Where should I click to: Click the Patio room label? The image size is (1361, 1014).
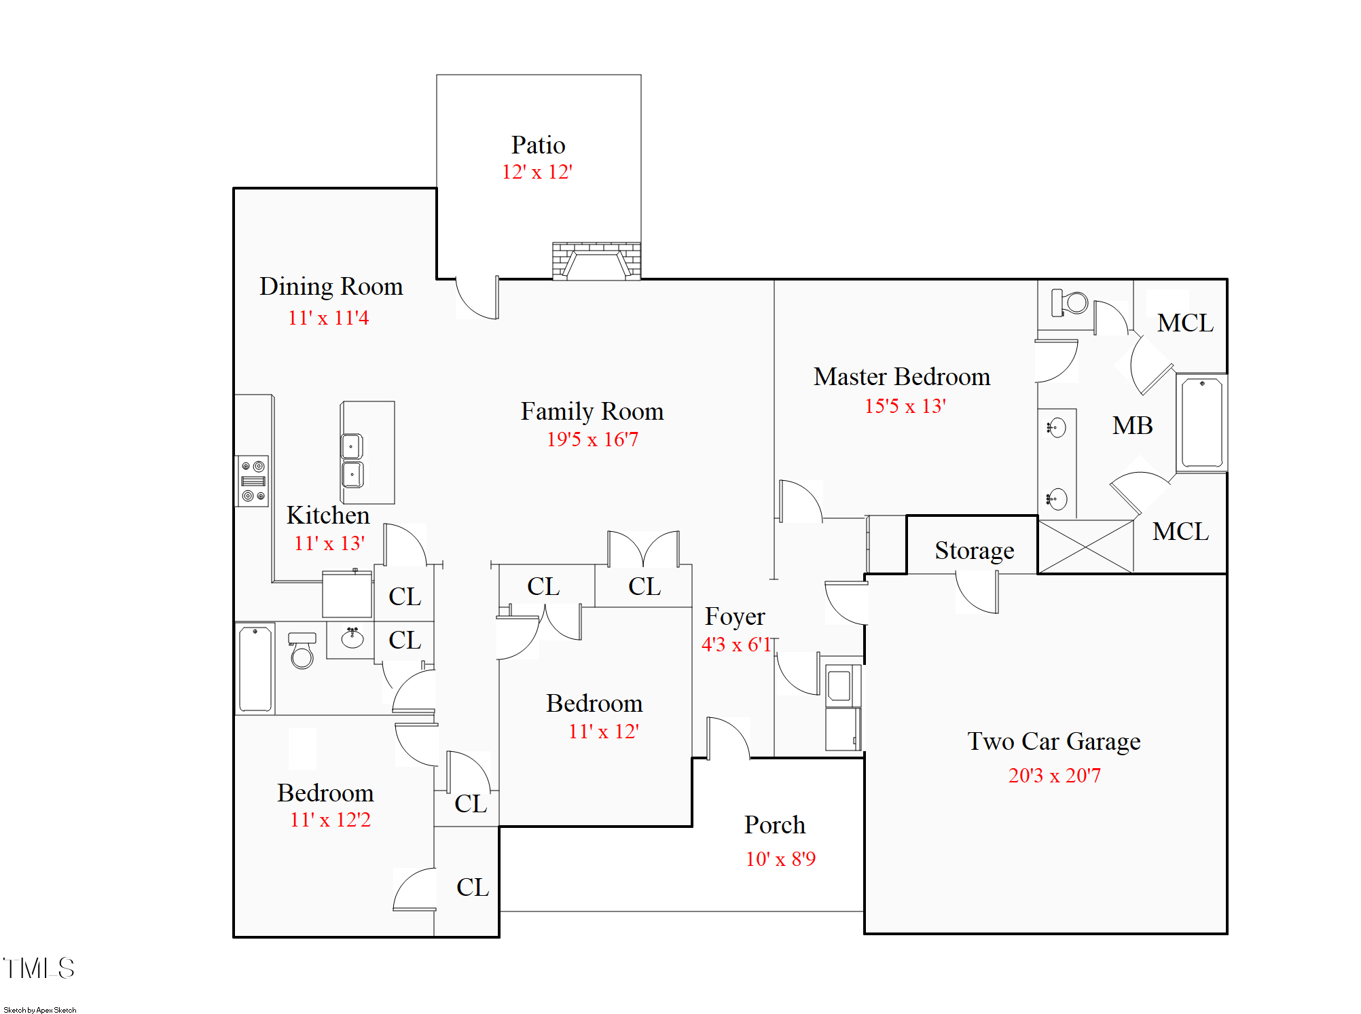click(x=538, y=145)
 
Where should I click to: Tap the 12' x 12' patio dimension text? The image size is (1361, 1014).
click(x=537, y=172)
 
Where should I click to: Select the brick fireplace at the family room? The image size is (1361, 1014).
click(x=596, y=261)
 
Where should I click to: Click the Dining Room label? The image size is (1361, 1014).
click(x=331, y=286)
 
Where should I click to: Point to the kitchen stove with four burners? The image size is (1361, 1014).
click(x=253, y=481)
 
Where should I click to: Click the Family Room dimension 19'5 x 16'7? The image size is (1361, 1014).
click(x=592, y=439)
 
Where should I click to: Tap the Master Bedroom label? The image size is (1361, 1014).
click(x=902, y=376)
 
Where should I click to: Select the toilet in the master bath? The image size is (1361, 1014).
click(x=1069, y=302)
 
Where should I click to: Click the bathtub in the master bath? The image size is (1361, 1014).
click(x=1201, y=422)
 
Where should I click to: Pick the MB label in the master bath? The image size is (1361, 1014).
click(x=1132, y=425)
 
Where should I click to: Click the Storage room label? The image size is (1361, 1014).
click(x=974, y=550)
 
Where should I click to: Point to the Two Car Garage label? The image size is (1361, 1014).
click(x=1053, y=741)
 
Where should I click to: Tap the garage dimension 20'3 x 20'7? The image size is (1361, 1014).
click(x=1054, y=775)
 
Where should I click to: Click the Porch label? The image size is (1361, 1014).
click(x=774, y=825)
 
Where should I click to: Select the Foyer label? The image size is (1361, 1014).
click(x=735, y=617)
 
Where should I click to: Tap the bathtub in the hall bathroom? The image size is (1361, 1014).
click(x=255, y=669)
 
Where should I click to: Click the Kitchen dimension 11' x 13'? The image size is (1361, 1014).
click(x=329, y=543)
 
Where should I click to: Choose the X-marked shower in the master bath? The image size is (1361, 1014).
click(x=1086, y=547)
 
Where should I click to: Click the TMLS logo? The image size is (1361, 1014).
click(x=39, y=968)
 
